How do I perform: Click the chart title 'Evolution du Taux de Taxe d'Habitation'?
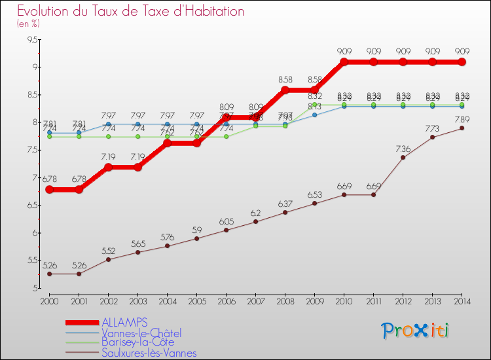[131, 11]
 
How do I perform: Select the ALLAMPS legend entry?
[124, 322]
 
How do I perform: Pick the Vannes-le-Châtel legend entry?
[141, 333]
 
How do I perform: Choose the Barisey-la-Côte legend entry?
[139, 342]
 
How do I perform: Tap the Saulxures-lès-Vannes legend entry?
[149, 353]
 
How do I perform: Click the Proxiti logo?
[416, 330]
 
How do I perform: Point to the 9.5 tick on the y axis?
[32, 39]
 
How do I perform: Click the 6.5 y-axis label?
[32, 205]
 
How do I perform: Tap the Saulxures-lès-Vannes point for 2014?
[462, 128]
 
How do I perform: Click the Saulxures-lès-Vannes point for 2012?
[403, 157]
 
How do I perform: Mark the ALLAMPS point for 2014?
[462, 62]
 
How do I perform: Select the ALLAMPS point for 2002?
[108, 167]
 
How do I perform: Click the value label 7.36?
[403, 149]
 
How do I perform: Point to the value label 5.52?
[108, 251]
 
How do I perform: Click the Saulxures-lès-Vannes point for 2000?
[49, 274]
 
